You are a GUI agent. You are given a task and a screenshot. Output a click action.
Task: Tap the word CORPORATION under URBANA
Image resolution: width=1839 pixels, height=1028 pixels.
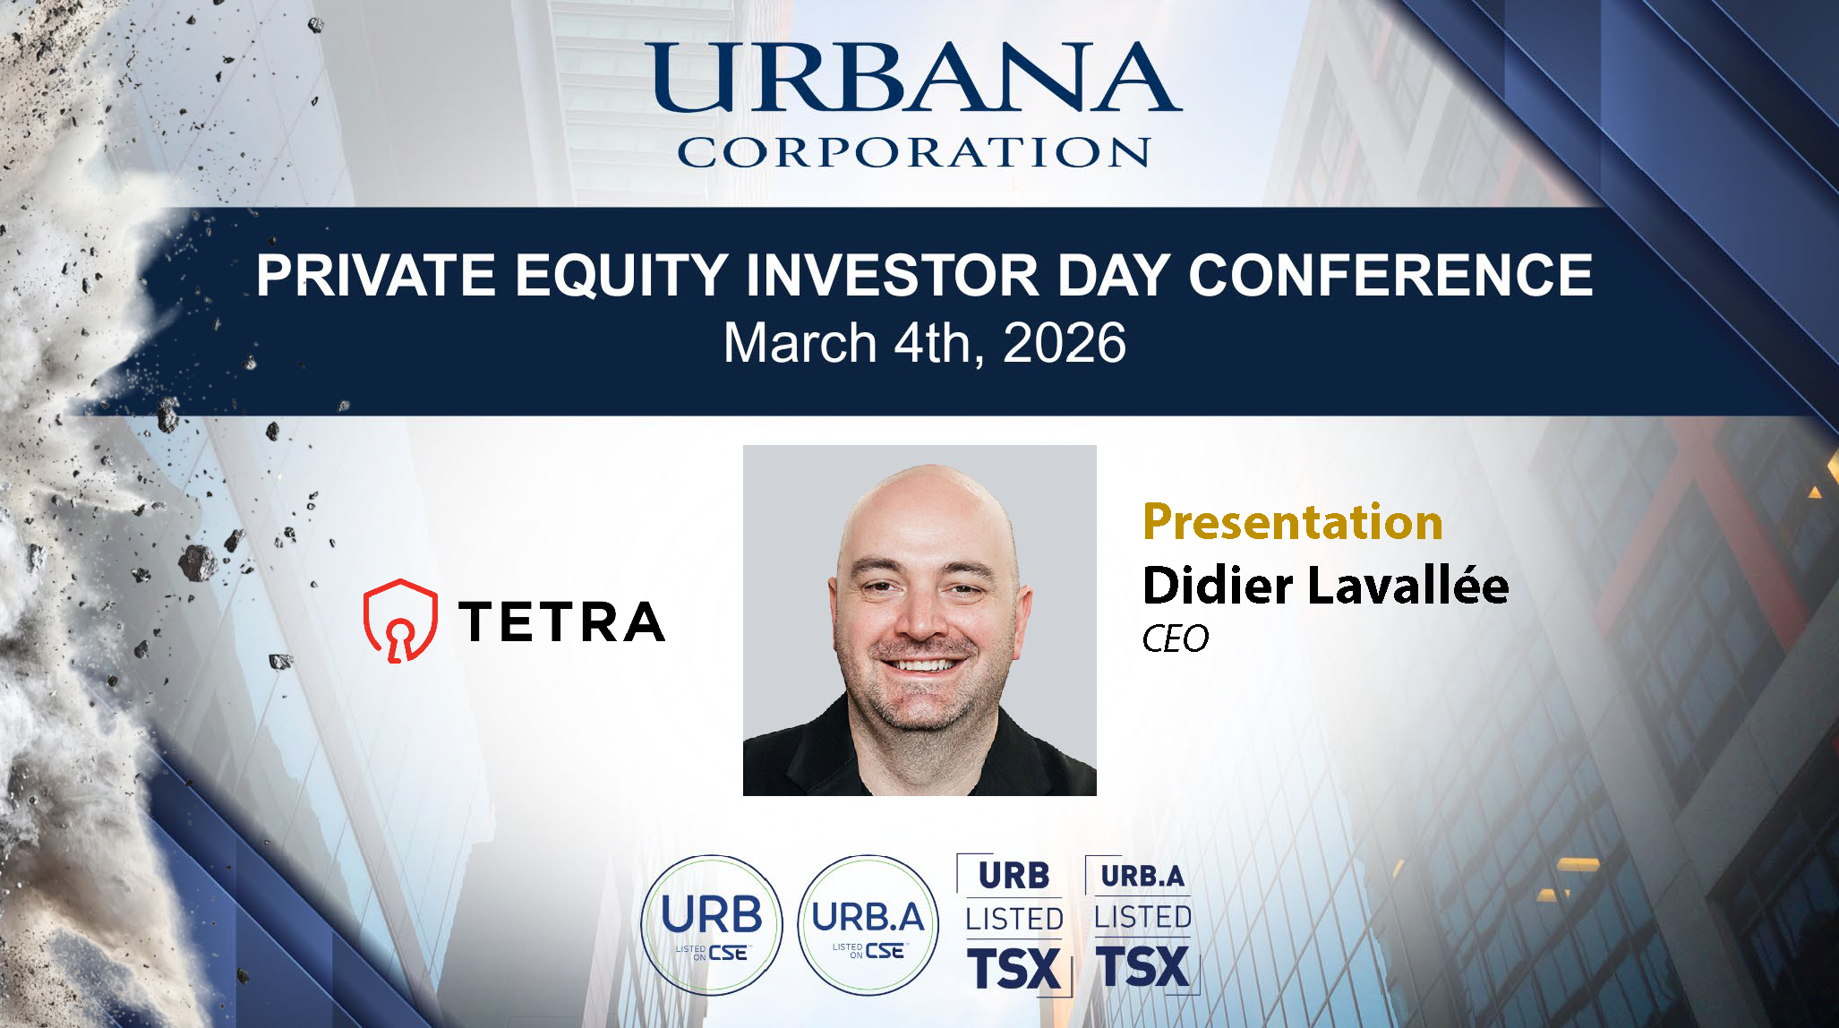point(913,152)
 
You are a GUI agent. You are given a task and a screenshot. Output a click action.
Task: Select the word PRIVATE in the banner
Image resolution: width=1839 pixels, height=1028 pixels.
point(376,275)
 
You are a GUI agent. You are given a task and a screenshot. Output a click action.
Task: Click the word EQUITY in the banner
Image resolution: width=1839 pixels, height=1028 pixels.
point(620,275)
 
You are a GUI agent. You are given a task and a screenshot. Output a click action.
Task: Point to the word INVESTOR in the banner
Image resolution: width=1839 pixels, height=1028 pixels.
point(893,275)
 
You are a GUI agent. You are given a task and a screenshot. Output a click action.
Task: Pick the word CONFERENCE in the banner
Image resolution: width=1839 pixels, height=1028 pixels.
point(1390,275)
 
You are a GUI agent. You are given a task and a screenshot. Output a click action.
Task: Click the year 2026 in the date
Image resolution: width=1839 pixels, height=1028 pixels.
point(1065,343)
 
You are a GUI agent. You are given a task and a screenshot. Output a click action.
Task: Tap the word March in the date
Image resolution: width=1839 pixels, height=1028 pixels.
point(800,343)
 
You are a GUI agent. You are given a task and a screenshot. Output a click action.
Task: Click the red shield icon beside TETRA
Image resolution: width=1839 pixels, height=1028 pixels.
point(400,621)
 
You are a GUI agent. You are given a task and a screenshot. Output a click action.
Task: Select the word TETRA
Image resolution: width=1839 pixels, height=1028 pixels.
point(561,621)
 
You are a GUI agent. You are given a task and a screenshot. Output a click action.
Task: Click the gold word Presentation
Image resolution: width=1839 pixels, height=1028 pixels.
point(1293,521)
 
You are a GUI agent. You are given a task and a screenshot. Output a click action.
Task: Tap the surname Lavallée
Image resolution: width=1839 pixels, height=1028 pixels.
point(1408,585)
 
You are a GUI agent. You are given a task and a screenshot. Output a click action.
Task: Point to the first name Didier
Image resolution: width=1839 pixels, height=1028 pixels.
point(1218,585)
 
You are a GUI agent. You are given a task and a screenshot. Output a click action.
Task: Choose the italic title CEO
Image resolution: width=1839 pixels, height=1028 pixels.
point(1176,639)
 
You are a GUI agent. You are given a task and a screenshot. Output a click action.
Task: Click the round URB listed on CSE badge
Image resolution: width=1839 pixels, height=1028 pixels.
point(712,925)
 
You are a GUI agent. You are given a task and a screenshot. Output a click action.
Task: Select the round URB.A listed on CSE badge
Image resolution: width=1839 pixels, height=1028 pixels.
point(868,925)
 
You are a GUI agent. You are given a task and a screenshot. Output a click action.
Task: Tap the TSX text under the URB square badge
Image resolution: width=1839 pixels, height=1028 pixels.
point(1014,969)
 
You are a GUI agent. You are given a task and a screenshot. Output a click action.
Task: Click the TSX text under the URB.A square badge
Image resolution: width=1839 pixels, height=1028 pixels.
point(1144,967)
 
